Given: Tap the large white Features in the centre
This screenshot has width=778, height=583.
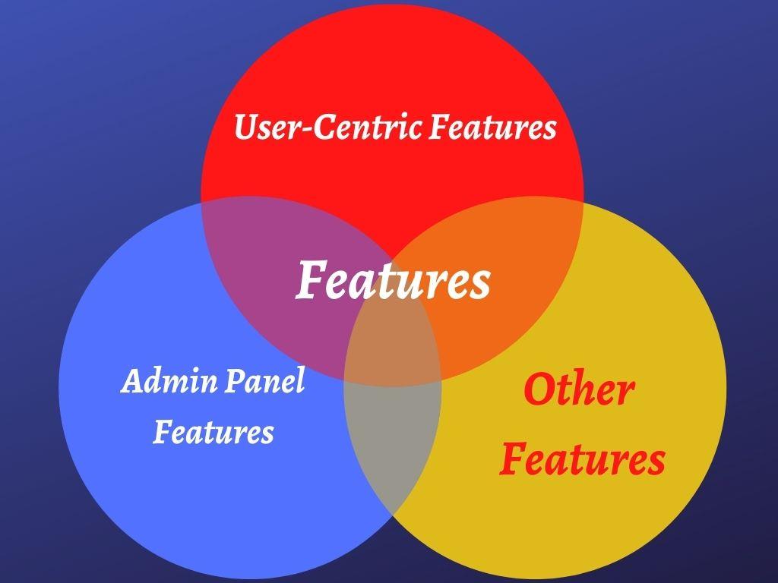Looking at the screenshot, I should pyautogui.click(x=393, y=281).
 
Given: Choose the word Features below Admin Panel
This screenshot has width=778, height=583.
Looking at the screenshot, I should pyautogui.click(x=213, y=433).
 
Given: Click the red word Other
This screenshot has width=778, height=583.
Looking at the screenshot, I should pyautogui.click(x=579, y=390).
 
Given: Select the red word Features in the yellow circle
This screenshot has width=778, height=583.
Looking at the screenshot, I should pyautogui.click(x=582, y=460).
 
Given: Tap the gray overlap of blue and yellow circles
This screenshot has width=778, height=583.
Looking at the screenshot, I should pyautogui.click(x=391, y=448).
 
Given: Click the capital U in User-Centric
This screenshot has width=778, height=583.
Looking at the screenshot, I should pyautogui.click(x=245, y=127).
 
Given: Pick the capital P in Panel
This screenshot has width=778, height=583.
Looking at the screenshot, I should pyautogui.click(x=229, y=380).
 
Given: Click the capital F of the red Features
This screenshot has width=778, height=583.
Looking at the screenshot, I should pyautogui.click(x=514, y=459).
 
